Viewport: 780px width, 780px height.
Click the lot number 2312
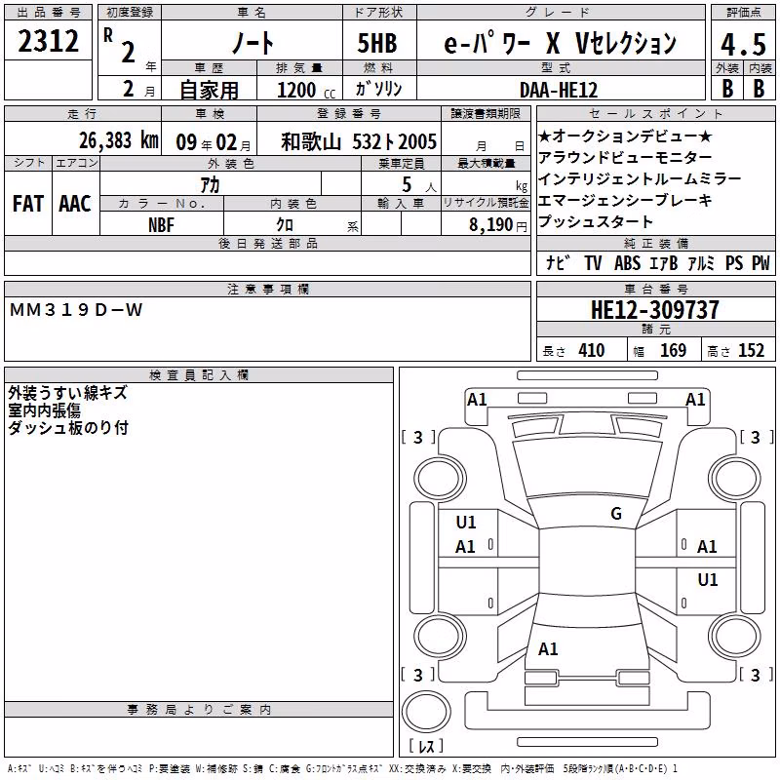48,41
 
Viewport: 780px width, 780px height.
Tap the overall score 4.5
743,44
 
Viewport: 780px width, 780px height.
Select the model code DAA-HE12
559,90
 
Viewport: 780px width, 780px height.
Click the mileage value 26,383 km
119,140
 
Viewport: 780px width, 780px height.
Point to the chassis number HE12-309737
654,310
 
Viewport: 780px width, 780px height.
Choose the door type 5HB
377,43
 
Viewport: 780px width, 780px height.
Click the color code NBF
161,225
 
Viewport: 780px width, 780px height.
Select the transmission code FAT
28,204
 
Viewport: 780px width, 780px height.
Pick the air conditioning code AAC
75,204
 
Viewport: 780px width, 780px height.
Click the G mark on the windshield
616,514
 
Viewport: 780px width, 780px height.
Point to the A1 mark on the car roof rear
548,649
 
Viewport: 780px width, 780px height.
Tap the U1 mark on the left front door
466,523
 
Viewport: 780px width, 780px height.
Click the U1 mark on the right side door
708,580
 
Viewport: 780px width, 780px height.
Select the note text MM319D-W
76,310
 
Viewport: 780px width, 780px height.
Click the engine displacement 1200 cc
306,91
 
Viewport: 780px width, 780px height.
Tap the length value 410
592,351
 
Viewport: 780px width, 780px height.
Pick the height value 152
751,351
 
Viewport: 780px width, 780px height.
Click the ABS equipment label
627,263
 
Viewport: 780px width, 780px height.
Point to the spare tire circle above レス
426,711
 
